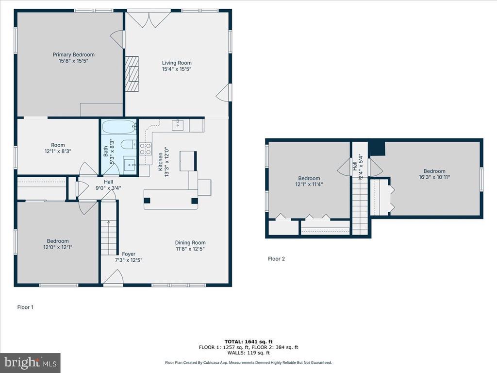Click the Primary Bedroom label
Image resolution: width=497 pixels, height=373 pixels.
point(74,54)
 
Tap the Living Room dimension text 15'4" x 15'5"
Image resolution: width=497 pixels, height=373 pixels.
point(177,69)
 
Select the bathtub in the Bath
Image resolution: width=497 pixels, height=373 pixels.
point(119,127)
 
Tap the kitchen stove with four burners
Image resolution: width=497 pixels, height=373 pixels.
point(146,149)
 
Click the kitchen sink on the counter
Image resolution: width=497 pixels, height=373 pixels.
point(178,125)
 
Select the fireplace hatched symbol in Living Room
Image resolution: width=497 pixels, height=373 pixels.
point(132,74)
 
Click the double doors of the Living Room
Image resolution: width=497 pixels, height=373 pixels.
point(149,19)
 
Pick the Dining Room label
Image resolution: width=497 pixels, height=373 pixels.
point(190,243)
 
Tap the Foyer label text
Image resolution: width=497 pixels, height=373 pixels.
point(128,254)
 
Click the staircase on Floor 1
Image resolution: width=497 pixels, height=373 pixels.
point(109,228)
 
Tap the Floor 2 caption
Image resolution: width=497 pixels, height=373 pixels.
point(276,259)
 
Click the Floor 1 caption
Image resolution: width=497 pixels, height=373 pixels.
point(25,307)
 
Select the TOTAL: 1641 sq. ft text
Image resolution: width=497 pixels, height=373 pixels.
point(248,341)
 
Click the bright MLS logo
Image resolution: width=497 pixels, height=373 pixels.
point(30,362)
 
